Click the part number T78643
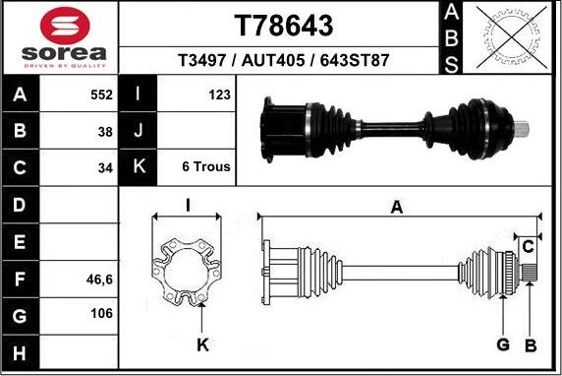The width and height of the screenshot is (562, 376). (283, 24)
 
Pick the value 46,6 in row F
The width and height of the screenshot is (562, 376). (100, 280)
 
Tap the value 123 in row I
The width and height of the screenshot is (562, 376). (219, 95)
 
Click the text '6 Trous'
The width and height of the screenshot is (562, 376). (206, 166)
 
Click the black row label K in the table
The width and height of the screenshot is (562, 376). (138, 166)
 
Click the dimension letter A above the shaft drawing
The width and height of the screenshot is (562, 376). (397, 207)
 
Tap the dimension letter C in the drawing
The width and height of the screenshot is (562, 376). (528, 244)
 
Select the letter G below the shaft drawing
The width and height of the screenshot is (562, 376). (502, 345)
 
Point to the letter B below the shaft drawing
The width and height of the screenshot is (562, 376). (530, 345)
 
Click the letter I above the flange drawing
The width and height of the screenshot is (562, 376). (187, 206)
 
